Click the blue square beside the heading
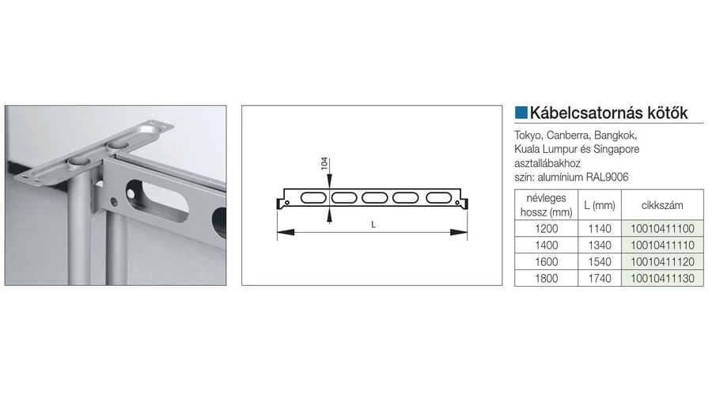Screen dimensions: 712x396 click(x=521, y=112)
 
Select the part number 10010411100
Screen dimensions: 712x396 click(x=662, y=229)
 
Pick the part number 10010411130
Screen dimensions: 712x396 click(x=662, y=278)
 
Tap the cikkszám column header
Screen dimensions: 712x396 click(x=662, y=205)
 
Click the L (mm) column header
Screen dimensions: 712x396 click(x=600, y=205)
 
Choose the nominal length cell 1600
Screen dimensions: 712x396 click(x=546, y=262)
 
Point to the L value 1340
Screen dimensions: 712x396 click(x=600, y=246)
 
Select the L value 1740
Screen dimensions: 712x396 click(x=600, y=278)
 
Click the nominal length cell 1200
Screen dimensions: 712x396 click(x=546, y=229)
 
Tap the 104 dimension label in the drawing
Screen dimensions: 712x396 click(x=324, y=164)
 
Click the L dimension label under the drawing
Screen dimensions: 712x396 click(x=373, y=225)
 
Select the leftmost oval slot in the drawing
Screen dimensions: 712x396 click(x=313, y=198)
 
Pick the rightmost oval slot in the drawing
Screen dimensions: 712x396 click(x=438, y=198)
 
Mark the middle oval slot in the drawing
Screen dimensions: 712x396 click(x=375, y=198)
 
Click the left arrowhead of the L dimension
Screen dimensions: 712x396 click(x=286, y=232)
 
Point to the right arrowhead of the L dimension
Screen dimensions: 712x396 click(x=459, y=232)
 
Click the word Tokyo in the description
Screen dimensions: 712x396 click(x=528, y=135)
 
